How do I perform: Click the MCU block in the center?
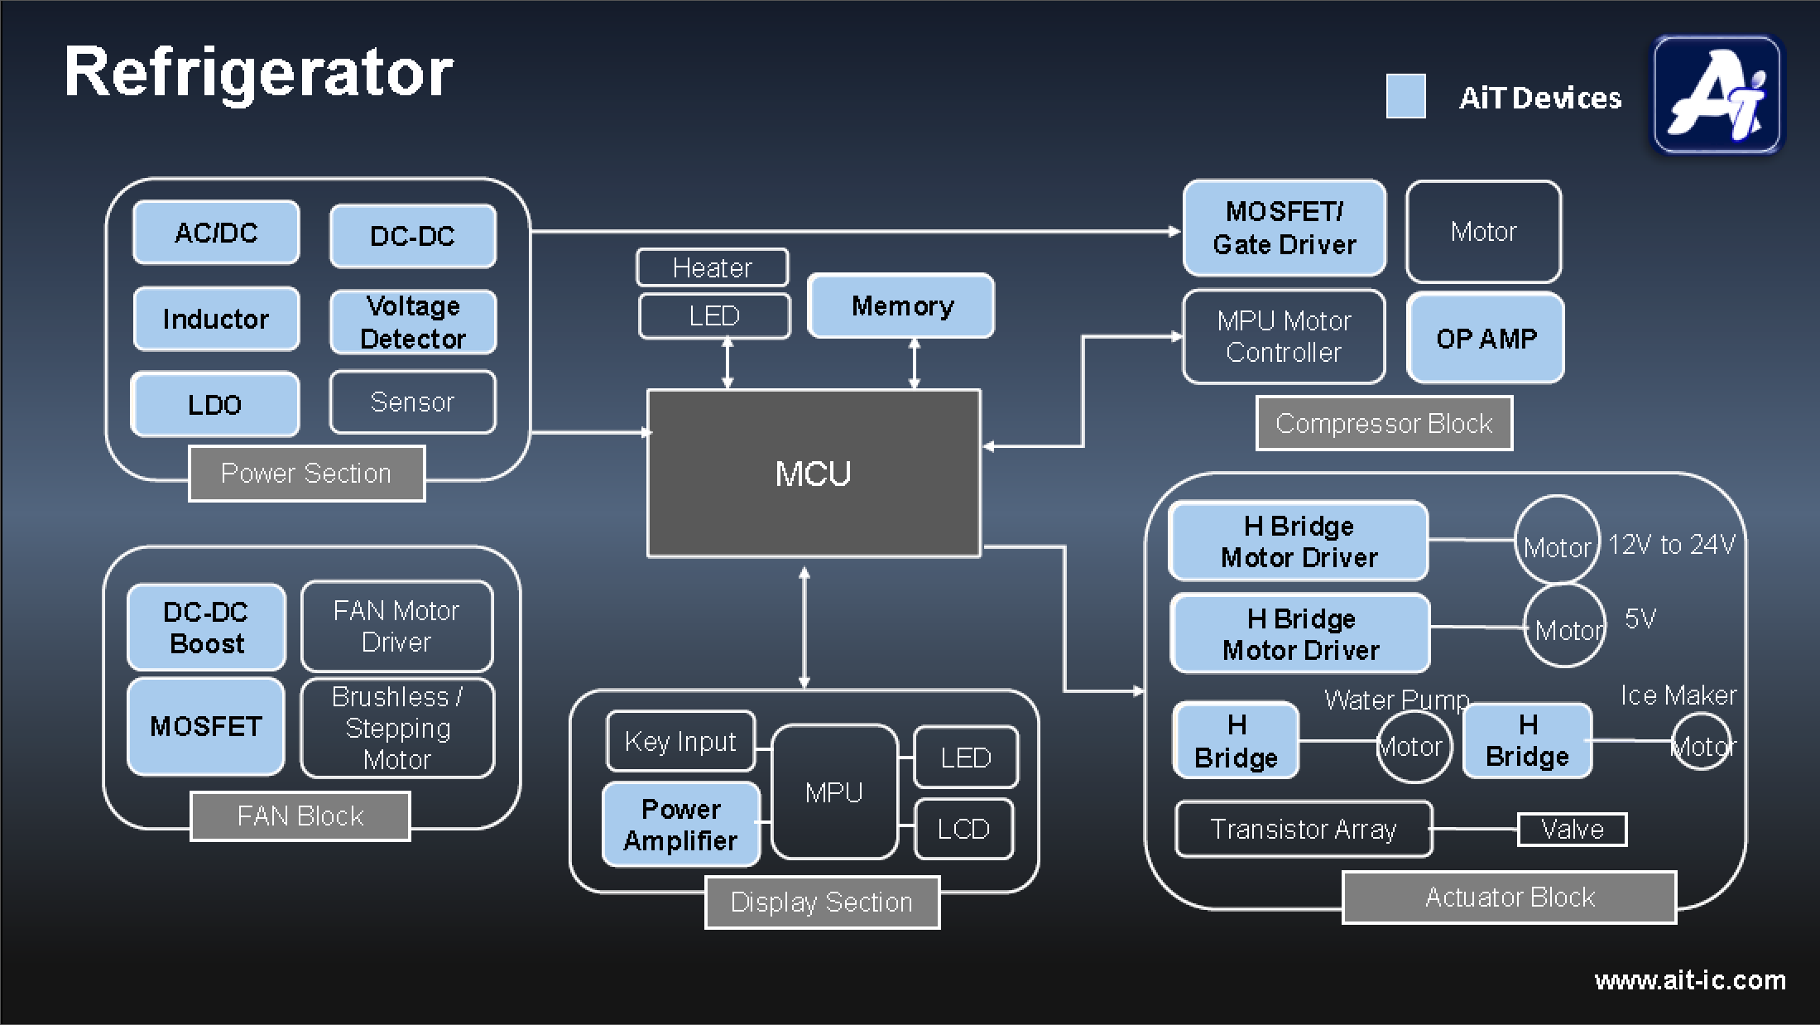point(814,473)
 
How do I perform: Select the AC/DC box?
point(216,233)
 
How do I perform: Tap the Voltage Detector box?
point(413,322)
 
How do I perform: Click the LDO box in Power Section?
point(215,404)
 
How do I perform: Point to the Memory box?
point(901,306)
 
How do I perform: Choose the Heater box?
point(712,267)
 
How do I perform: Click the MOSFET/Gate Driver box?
point(1284,228)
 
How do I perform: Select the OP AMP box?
point(1486,338)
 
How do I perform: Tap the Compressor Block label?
point(1384,423)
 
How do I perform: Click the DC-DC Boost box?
point(206,628)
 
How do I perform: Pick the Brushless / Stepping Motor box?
point(397,728)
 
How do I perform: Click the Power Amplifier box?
point(681,825)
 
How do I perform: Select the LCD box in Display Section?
point(963,829)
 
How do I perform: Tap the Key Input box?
point(680,741)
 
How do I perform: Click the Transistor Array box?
point(1303,829)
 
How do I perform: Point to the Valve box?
point(1572,829)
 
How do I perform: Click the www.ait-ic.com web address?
point(1689,980)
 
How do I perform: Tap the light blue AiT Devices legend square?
point(1405,96)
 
